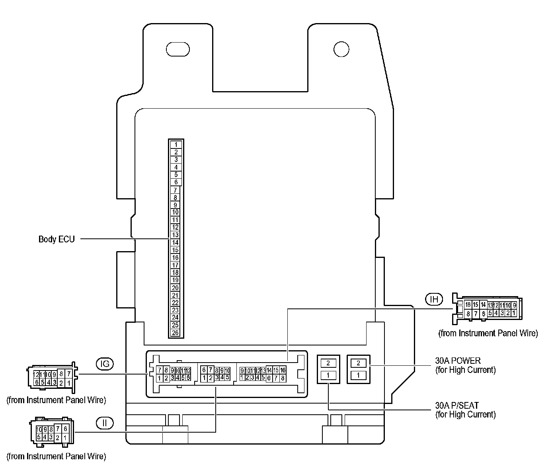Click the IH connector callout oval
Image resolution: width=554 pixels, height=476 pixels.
tap(434, 298)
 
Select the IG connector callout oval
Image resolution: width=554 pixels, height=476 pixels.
tap(105, 363)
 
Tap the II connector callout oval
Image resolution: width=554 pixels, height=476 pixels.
tap(105, 423)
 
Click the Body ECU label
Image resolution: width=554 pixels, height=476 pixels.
tap(57, 239)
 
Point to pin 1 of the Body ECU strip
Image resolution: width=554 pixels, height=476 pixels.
tap(176, 144)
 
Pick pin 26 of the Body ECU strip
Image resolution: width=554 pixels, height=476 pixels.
tap(176, 333)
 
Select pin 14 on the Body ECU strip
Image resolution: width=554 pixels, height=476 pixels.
tap(176, 242)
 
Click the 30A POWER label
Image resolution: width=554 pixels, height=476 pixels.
tap(458, 361)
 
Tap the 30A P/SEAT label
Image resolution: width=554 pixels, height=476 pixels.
tap(457, 406)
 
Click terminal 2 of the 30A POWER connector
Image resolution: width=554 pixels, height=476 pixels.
tap(359, 363)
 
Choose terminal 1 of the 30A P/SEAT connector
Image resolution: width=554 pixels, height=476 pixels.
tap(328, 375)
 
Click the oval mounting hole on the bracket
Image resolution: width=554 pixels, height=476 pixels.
tap(178, 49)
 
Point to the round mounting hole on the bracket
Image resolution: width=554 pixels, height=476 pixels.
tap(341, 49)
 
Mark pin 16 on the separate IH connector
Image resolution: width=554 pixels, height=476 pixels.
tap(468, 305)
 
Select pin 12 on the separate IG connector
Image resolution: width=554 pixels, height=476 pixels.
tap(36, 375)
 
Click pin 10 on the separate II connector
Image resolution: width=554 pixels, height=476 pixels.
tap(39, 429)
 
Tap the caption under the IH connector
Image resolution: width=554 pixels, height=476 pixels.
tap(488, 333)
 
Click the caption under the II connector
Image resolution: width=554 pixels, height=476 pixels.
tap(56, 456)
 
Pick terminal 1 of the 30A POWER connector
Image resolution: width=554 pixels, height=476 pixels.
tap(359, 375)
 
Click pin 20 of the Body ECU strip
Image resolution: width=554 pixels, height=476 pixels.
tap(176, 288)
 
